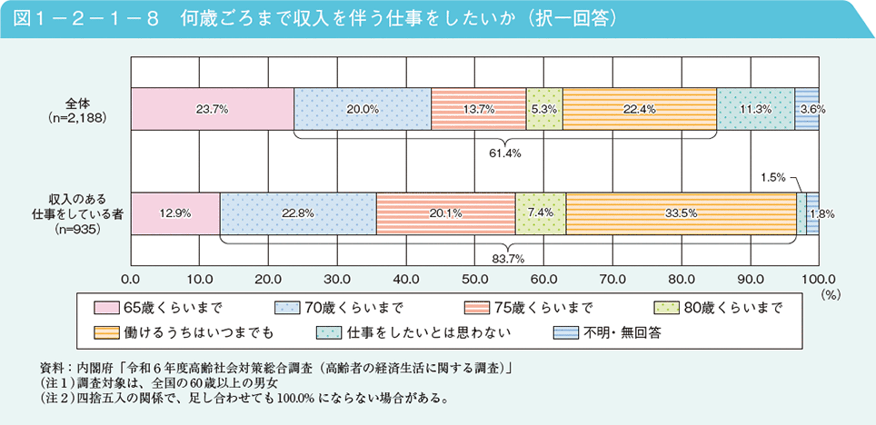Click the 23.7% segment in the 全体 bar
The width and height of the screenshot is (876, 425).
pos(212,109)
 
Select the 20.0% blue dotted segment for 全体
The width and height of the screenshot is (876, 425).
pos(363,109)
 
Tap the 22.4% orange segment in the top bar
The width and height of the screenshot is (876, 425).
pos(640,109)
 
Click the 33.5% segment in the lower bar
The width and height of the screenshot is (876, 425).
pos(681,214)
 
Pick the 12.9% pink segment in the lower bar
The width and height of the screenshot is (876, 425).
pos(174,214)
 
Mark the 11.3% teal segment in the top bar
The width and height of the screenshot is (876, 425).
pos(756,109)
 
